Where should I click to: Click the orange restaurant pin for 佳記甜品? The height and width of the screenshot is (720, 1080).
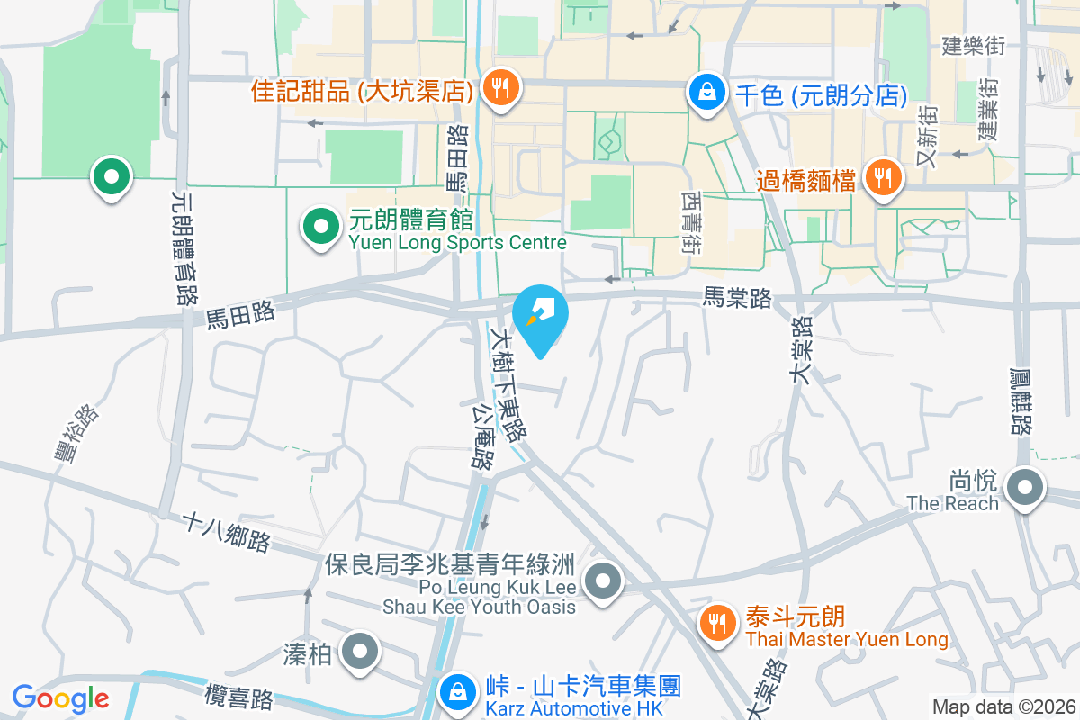click(x=498, y=88)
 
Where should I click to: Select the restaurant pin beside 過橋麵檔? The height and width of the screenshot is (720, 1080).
click(x=884, y=178)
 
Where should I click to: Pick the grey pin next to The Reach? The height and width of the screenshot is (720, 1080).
click(x=1024, y=490)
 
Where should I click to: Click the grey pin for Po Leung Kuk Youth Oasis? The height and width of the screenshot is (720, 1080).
click(x=603, y=580)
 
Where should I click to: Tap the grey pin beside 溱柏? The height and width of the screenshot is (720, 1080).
click(x=362, y=652)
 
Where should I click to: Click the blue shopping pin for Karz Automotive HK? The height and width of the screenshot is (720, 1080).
click(x=458, y=694)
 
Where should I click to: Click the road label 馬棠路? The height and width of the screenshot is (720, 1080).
click(x=737, y=298)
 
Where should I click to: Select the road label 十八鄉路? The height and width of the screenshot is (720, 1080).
click(x=226, y=532)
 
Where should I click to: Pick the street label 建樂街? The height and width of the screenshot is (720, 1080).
click(x=973, y=45)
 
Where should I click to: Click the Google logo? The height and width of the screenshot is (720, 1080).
click(x=60, y=697)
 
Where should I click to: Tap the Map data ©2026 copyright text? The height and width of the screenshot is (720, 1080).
click(x=1003, y=707)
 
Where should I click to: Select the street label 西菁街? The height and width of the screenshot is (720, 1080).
click(x=690, y=220)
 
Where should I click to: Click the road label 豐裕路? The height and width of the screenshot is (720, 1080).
click(x=76, y=433)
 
